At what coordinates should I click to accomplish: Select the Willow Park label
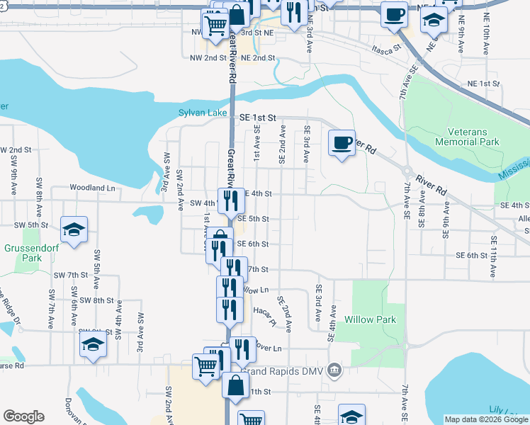pos(370,319)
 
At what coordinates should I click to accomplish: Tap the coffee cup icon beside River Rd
pos(342,143)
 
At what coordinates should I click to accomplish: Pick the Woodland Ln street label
pos(92,188)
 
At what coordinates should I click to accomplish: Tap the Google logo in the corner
pos(23,416)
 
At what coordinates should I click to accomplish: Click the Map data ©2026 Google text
pos(486,419)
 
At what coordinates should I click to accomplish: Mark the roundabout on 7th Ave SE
pos(407,171)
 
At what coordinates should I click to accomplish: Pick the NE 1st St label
pos(484,84)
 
